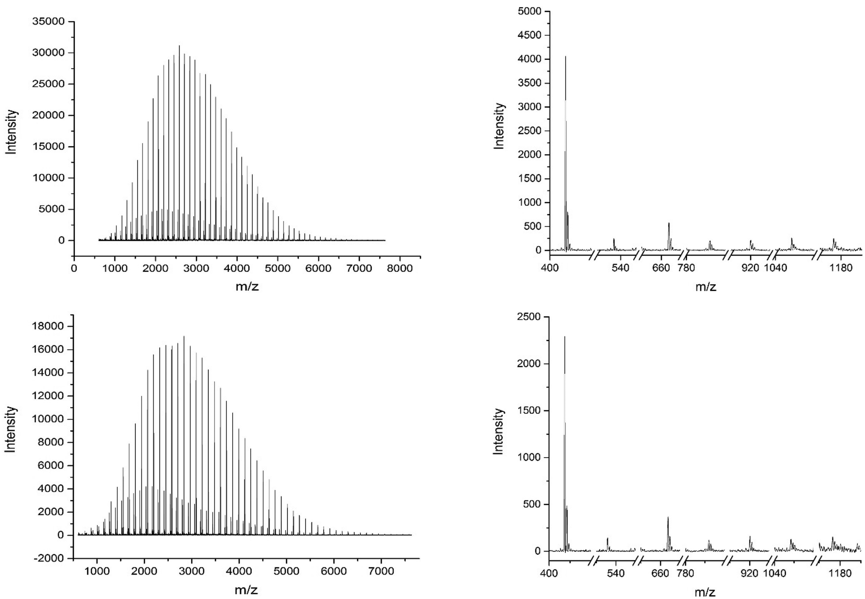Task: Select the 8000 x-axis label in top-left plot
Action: [400, 268]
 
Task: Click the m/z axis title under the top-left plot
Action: [247, 286]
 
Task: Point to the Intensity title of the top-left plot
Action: [11, 131]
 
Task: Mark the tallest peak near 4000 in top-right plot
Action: [565, 57]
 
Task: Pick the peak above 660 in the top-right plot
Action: [669, 224]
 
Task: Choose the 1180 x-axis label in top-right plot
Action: [841, 268]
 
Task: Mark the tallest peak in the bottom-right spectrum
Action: [564, 337]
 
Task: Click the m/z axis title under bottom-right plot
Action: [705, 592]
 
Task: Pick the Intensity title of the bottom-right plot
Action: [498, 431]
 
